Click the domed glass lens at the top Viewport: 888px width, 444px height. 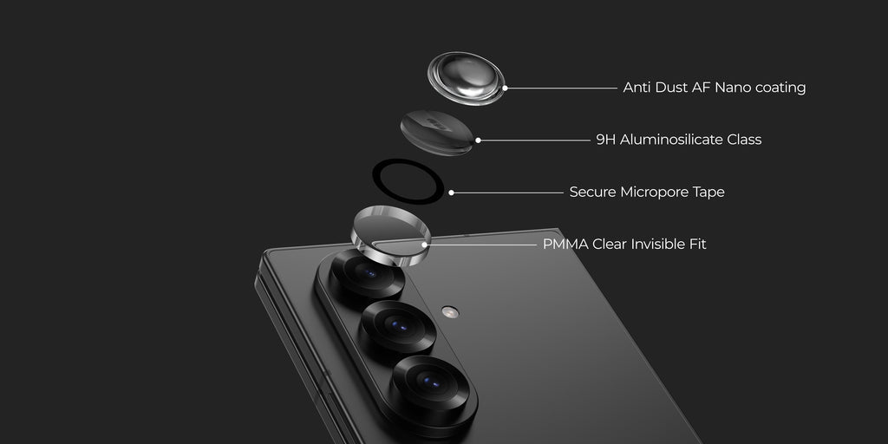click(x=466, y=78)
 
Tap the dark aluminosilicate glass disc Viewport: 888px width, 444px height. click(x=437, y=133)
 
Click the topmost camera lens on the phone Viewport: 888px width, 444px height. click(x=368, y=273)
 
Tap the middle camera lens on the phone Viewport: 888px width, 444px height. click(x=399, y=326)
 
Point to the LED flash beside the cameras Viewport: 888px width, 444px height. click(x=450, y=311)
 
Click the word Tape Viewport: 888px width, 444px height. click(x=708, y=193)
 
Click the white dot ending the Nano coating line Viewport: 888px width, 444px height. click(x=505, y=88)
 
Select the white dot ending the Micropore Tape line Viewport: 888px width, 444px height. click(x=451, y=193)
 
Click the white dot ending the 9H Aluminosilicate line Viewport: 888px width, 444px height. click(x=478, y=140)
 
